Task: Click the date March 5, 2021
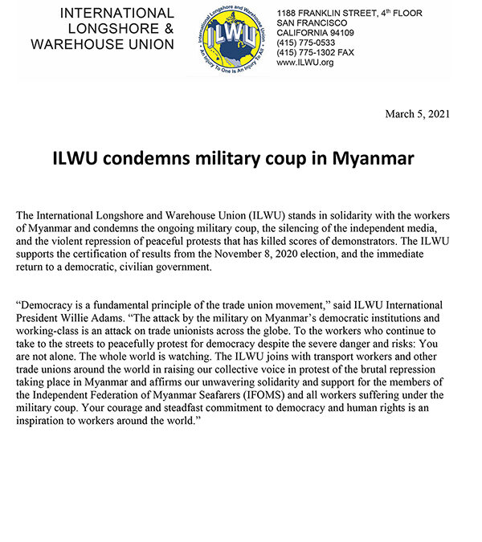[418, 114]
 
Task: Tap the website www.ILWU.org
[305, 63]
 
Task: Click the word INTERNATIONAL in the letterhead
[116, 14]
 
